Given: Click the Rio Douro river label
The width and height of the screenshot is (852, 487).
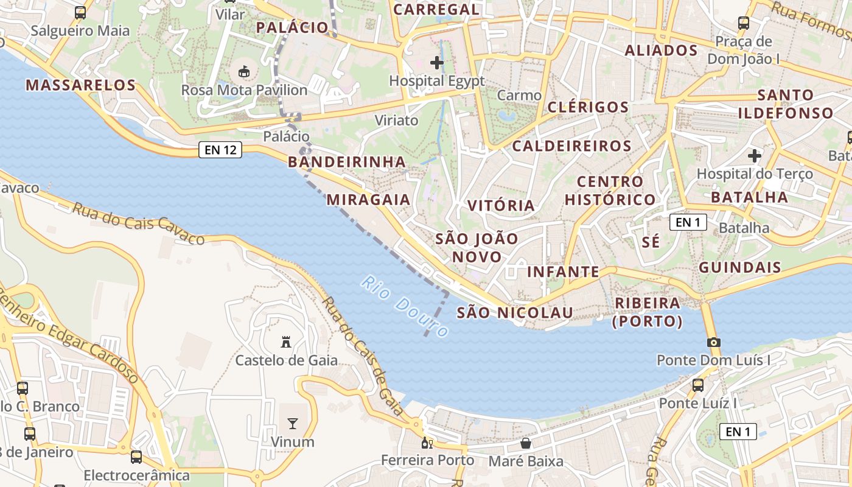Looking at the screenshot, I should click(404, 307).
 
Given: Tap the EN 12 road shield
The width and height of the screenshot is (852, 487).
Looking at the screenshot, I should click(220, 150).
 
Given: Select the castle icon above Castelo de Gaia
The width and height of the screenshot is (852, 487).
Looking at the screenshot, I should click(286, 342).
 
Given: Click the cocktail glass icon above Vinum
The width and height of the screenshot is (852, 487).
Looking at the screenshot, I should click(293, 424).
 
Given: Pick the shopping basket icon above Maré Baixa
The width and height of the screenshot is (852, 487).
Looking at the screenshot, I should click(526, 443).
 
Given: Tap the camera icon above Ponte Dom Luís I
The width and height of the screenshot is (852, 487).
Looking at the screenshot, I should click(714, 342).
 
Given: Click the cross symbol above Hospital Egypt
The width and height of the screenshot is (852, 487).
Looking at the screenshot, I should click(436, 62).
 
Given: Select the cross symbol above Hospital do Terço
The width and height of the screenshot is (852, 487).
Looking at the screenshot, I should click(755, 156).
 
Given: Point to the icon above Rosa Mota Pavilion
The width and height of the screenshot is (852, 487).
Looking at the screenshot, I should click(244, 72).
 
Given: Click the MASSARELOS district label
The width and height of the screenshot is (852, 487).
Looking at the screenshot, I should click(80, 85).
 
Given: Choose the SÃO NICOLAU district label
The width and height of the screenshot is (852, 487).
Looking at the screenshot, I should click(515, 313).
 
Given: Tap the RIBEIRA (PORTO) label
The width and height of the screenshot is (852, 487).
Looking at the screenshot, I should click(648, 312).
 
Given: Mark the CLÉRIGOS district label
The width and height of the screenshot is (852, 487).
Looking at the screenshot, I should click(588, 107).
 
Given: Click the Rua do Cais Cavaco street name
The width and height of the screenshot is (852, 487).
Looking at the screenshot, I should click(139, 224).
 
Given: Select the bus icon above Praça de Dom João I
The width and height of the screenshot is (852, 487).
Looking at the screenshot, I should click(743, 23).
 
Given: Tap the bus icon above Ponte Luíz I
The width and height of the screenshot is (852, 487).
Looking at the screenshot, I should click(698, 385).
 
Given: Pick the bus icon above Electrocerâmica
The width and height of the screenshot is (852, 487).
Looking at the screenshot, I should click(136, 457).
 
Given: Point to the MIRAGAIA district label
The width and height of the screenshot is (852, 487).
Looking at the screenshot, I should click(368, 200).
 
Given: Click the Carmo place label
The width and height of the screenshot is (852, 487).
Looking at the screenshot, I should click(519, 96).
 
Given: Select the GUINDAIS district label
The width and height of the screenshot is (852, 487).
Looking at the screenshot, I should click(739, 267).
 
